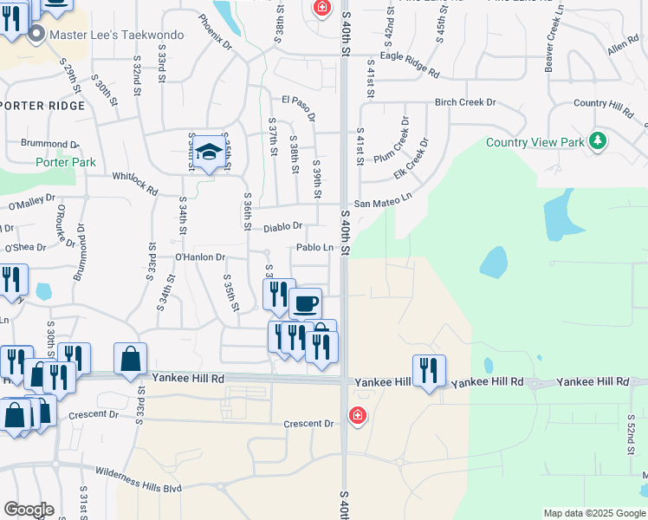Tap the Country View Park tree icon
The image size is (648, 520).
coord(597,140)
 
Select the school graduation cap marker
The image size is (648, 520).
coord(208,153)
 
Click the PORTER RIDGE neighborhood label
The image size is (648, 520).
coord(43,106)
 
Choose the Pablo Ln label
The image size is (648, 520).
coord(314,248)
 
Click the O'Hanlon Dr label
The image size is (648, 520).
coord(200,257)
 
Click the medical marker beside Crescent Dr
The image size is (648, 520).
coord(357,417)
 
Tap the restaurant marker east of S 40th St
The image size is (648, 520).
coord(429,372)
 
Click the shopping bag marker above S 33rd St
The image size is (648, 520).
coord(130,359)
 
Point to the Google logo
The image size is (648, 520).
coord(29,510)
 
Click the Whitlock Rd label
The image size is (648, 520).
coord(135,184)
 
